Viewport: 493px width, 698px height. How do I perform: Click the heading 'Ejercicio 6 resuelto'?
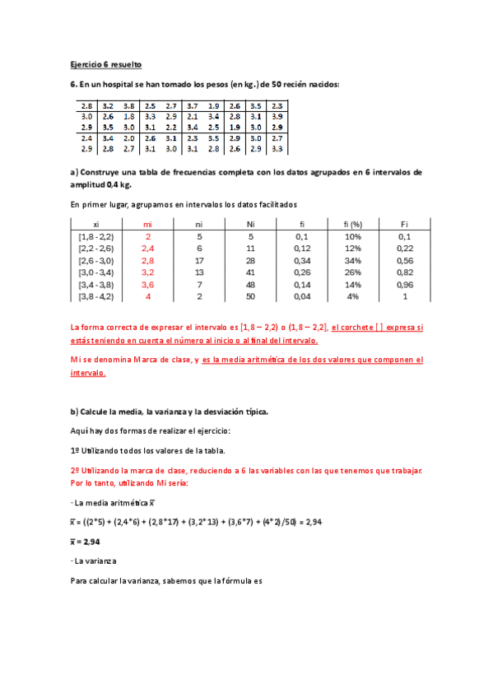coord(105,63)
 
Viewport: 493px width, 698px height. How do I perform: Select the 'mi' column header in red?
coord(148,223)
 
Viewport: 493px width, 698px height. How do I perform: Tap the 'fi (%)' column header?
coord(354,223)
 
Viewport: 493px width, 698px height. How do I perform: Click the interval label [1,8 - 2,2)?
coord(96,235)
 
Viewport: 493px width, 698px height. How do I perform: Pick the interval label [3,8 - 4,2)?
coord(96,295)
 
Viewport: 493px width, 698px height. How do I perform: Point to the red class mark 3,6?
coord(148,283)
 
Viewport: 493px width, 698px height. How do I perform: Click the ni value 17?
coord(199,259)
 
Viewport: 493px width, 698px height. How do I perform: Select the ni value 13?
coord(199,272)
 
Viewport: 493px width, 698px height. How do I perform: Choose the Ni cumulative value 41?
coord(250,272)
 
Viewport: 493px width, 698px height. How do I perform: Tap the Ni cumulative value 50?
coord(250,295)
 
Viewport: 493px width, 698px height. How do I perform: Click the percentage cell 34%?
coord(354,259)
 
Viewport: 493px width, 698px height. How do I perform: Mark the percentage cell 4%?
coord(354,295)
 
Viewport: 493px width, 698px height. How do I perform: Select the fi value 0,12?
coord(301,248)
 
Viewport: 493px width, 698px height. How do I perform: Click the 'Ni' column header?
coord(250,223)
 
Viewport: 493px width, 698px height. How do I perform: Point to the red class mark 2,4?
coord(148,248)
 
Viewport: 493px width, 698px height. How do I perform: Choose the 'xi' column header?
coord(96,223)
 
